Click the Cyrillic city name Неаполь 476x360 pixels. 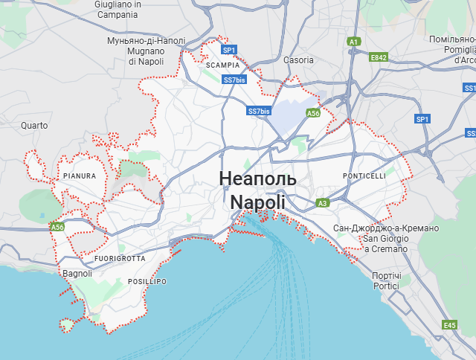point(257,179)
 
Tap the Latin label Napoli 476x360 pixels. point(257,202)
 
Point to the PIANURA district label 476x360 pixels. point(80,176)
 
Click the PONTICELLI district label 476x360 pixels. point(364,176)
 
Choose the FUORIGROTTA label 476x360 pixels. point(120,258)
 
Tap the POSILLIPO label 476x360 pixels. point(147,282)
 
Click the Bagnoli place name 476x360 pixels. point(77,273)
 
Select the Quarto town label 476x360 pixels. point(33,125)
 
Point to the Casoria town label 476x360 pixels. point(298,60)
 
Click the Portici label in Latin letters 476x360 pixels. point(386,286)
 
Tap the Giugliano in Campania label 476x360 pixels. point(118,9)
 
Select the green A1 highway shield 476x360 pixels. point(354,42)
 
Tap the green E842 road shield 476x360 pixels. point(379,57)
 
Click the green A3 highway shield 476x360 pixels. point(322,202)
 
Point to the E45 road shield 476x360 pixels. point(448,325)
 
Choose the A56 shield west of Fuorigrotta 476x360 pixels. point(57,226)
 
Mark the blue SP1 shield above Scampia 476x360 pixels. point(229,50)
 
